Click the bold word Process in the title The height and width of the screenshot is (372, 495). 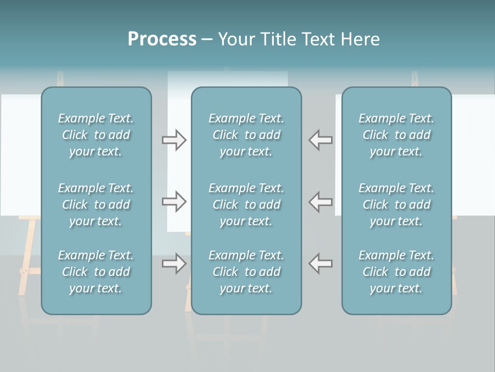[162, 39]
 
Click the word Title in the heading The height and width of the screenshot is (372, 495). [277, 39]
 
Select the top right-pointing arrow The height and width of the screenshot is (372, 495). [174, 140]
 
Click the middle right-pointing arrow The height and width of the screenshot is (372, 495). [174, 202]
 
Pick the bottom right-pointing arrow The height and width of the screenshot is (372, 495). [174, 263]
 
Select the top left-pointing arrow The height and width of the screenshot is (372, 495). [320, 140]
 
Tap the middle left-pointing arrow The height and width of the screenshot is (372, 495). [320, 202]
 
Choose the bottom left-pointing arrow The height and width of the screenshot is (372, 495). [320, 263]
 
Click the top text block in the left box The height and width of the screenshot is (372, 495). [96, 135]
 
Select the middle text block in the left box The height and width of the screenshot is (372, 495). [96, 205]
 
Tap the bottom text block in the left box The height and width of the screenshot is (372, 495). [96, 272]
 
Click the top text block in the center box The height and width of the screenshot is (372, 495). [246, 135]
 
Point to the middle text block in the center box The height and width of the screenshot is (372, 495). [246, 205]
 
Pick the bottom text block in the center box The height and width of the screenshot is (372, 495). [246, 272]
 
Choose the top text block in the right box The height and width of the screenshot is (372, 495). [396, 135]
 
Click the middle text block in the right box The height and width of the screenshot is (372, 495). [396, 205]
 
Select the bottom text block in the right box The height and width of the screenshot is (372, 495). [396, 272]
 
